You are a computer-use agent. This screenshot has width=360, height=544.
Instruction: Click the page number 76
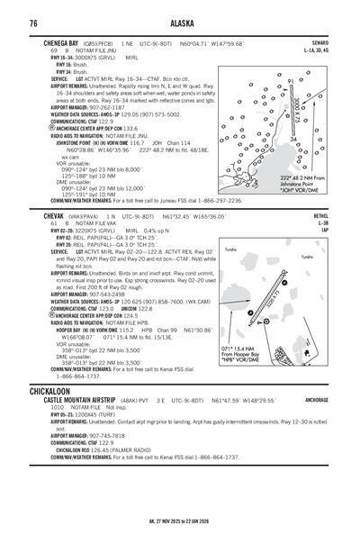pyautogui.click(x=33, y=23)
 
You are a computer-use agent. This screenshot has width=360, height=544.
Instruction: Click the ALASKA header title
pyautogui.click(x=179, y=23)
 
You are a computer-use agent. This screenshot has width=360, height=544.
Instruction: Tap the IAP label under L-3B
pyautogui.click(x=323, y=231)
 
